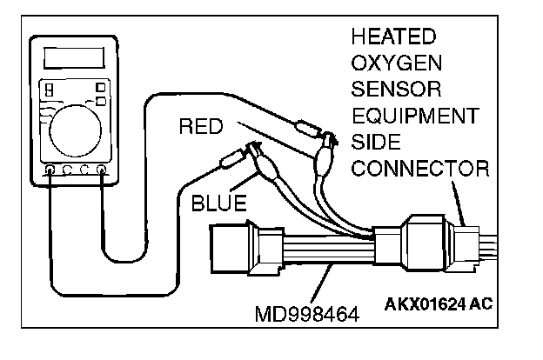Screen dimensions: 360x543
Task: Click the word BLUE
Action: [218, 204]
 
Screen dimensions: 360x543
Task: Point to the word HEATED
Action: [393, 38]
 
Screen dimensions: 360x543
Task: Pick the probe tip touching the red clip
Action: [304, 127]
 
